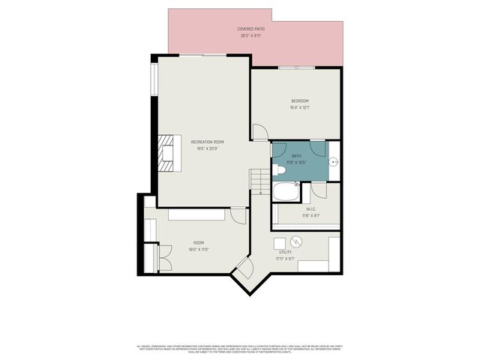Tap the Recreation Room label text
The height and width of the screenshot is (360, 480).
208,142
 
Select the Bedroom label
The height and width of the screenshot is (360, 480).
300,100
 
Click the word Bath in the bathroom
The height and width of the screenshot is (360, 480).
296,156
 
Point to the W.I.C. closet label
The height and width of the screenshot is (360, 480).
311,209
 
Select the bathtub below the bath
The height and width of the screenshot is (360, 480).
286,191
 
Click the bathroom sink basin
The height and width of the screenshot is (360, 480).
334,160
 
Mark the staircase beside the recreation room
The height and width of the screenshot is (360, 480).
259,180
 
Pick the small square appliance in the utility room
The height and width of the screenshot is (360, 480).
279,242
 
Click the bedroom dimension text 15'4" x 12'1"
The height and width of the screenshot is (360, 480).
300,108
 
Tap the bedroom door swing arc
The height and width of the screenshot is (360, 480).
259,132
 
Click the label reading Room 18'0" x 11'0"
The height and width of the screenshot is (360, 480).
199,245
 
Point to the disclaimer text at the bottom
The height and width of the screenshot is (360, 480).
240,348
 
